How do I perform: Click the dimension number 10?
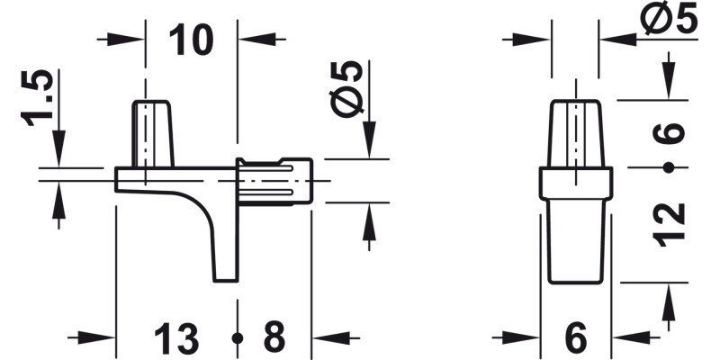coord(191,40)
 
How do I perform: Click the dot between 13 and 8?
coord(238,338)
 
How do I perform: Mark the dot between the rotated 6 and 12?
coord(669,168)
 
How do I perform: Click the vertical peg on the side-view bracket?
coord(153,133)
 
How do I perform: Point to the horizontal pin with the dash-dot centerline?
coord(274,180)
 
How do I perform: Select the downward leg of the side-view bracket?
coord(224,243)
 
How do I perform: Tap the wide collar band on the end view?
coord(576,184)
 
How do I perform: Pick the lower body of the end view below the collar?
coord(576,241)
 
